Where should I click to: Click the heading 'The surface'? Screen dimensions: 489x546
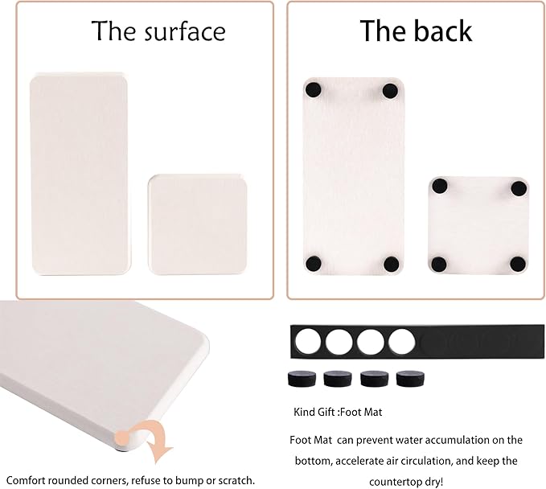click(x=158, y=31)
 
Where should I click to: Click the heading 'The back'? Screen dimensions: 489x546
click(x=416, y=31)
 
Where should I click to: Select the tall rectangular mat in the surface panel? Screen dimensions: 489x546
click(x=79, y=175)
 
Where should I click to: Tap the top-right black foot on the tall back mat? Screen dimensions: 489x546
click(x=391, y=90)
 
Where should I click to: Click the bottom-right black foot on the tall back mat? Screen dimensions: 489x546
click(x=392, y=262)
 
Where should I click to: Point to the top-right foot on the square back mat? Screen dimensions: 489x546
click(x=519, y=188)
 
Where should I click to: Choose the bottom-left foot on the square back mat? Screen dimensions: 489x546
click(x=439, y=263)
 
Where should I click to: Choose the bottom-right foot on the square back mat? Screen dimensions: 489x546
click(x=519, y=263)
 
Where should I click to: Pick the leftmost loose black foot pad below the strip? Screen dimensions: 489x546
click(x=298, y=379)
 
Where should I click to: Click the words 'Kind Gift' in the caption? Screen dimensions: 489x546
click(x=314, y=413)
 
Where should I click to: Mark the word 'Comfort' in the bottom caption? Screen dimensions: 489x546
click(x=27, y=480)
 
